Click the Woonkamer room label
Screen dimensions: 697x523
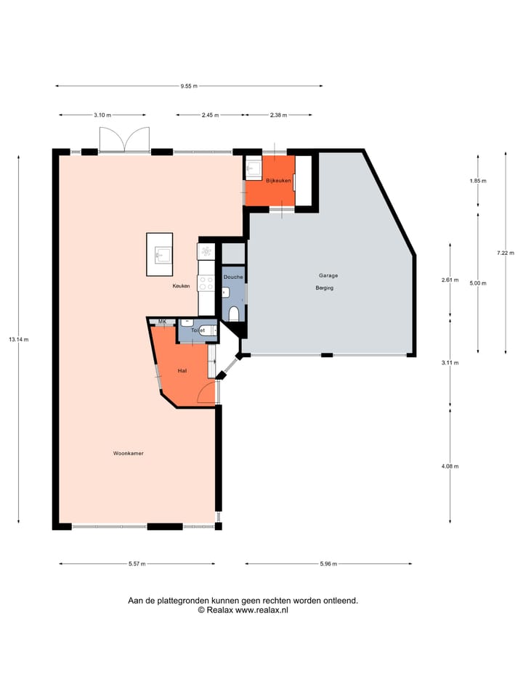tap(128, 453)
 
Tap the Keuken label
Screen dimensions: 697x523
tap(181, 287)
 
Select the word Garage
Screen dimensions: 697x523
tap(328, 275)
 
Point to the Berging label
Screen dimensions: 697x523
tap(325, 288)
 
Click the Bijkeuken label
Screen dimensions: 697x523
tap(278, 180)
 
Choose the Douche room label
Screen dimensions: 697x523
tap(233, 277)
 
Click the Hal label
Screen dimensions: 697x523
tap(183, 371)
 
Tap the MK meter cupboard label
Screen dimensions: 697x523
tap(162, 321)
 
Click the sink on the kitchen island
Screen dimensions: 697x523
tap(161, 254)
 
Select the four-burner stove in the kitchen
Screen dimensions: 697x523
tap(206, 251)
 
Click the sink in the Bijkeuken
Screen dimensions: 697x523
tap(254, 168)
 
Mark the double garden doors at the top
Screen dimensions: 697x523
tap(125, 139)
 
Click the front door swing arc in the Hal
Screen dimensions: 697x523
tap(207, 392)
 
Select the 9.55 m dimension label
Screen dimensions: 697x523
tap(190, 86)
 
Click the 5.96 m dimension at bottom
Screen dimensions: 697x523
tap(328, 564)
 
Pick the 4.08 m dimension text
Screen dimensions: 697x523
tap(450, 466)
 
